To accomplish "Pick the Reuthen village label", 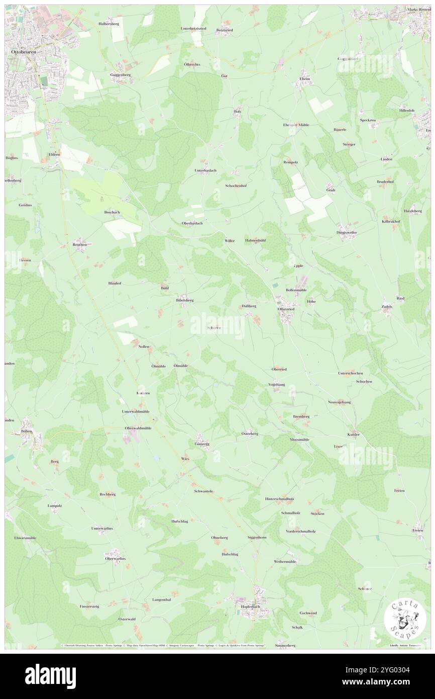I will pyautogui.click(x=79, y=244).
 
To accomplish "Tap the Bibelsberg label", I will pyautogui.click(x=184, y=300).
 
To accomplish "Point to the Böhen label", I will pyautogui.click(x=27, y=431).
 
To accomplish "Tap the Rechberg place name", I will pyautogui.click(x=107, y=494).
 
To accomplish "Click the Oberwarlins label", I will pyautogui.click(x=115, y=558).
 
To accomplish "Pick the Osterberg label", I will pyautogui.click(x=250, y=433).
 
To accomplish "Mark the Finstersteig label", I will pyautogui.click(x=89, y=606).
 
